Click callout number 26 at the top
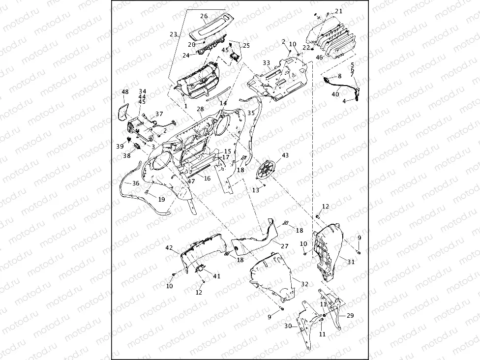click(204, 16)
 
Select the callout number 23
click(173, 34)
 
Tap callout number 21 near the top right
click(339, 11)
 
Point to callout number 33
click(266, 63)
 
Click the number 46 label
click(319, 58)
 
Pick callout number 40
click(335, 94)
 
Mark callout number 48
click(125, 92)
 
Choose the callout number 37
click(159, 114)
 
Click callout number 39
click(120, 147)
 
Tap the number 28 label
click(200, 109)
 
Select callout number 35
click(251, 113)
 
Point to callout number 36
click(135, 183)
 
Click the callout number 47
click(191, 181)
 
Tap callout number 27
click(285, 245)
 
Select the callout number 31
click(351, 262)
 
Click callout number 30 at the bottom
click(287, 326)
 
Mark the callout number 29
click(350, 315)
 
